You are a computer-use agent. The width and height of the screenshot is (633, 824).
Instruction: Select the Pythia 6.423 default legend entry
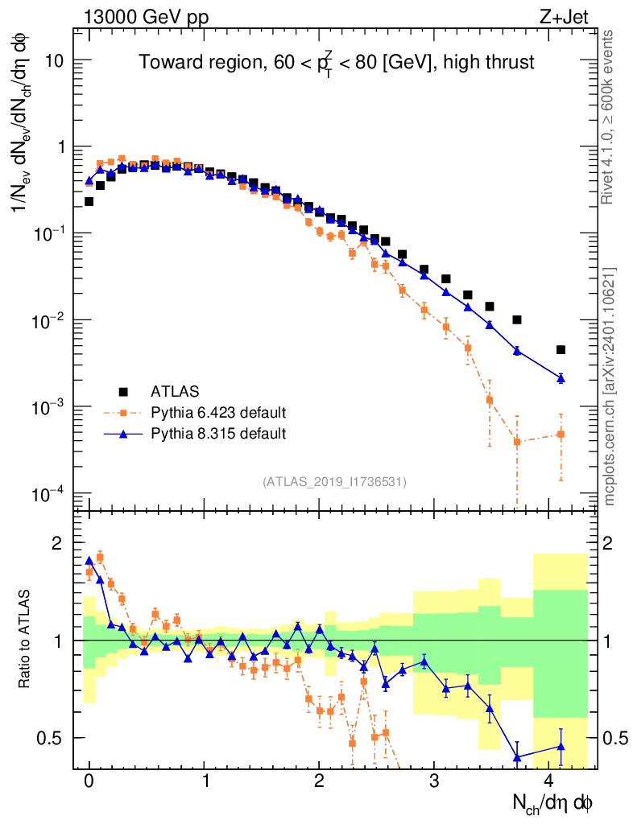coord(218,414)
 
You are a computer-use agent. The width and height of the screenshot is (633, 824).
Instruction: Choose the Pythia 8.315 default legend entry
coord(218,435)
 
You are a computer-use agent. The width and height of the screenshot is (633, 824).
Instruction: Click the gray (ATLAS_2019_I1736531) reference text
coord(334,482)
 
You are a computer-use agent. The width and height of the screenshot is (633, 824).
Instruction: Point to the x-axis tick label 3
coord(434,781)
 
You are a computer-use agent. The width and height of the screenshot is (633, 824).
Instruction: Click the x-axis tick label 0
coord(89,781)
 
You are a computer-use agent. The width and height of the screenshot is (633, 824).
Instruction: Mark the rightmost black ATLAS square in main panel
coord(561,349)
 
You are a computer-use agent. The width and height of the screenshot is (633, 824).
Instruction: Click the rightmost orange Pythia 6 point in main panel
coord(561,435)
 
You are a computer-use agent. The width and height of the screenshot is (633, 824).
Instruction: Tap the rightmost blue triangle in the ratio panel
coord(561,747)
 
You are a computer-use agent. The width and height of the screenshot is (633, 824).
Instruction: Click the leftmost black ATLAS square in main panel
coord(89,202)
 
